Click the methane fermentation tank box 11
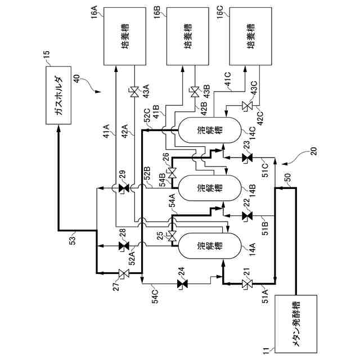(296, 323)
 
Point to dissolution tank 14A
(202, 247)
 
